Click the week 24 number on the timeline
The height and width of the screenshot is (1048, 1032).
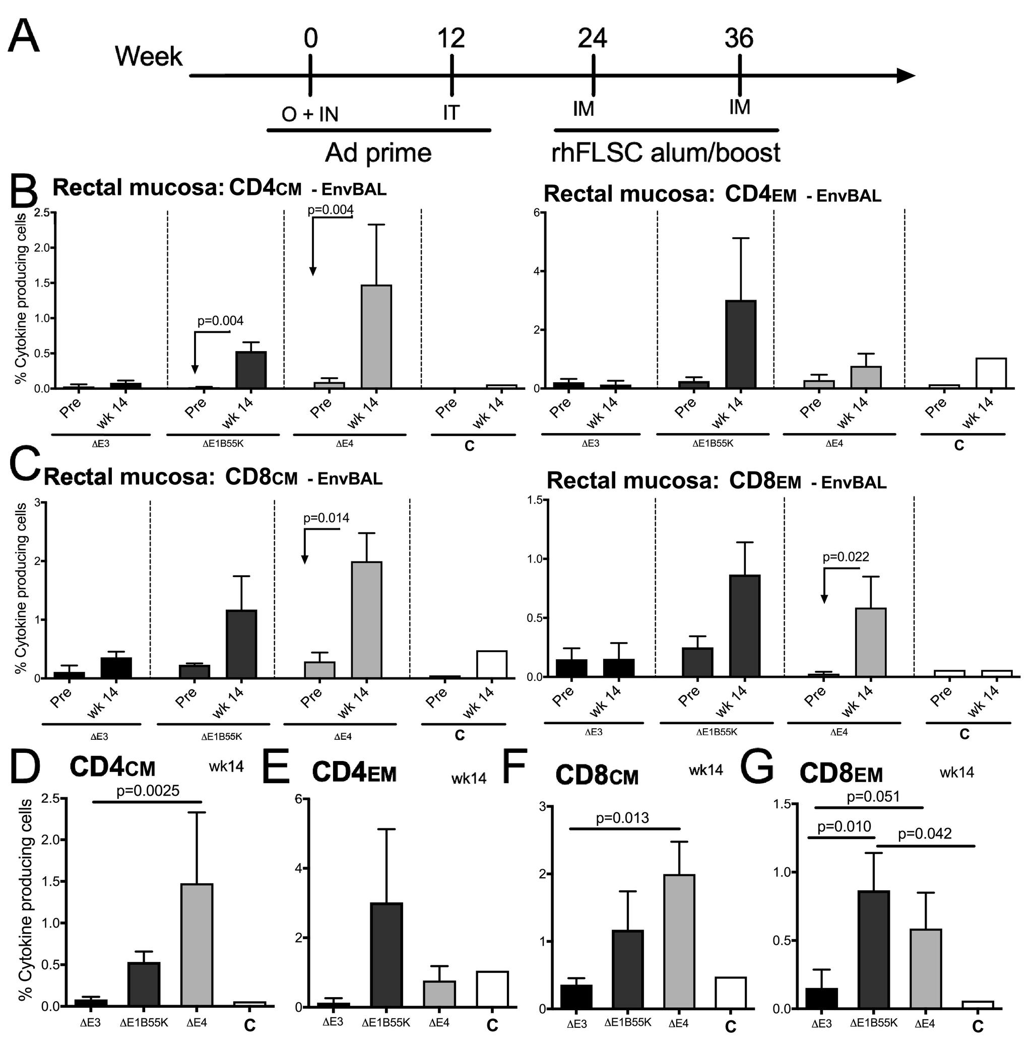tap(593, 39)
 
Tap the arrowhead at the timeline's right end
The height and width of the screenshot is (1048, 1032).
tap(905, 75)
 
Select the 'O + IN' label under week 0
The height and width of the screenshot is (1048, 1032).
tap(310, 114)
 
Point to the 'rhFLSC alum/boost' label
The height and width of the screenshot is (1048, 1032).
tap(666, 153)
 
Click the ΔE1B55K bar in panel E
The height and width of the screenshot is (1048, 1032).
tap(387, 954)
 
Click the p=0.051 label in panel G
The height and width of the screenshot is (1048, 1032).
tap(873, 797)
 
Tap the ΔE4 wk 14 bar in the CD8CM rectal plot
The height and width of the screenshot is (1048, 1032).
tap(366, 619)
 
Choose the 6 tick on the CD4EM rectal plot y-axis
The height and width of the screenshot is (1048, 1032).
tap(536, 213)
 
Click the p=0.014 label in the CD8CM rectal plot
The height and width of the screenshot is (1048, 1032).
tap(327, 518)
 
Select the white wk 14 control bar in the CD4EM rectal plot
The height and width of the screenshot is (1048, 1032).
tap(991, 373)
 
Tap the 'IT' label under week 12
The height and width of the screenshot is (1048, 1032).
tap(451, 112)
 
